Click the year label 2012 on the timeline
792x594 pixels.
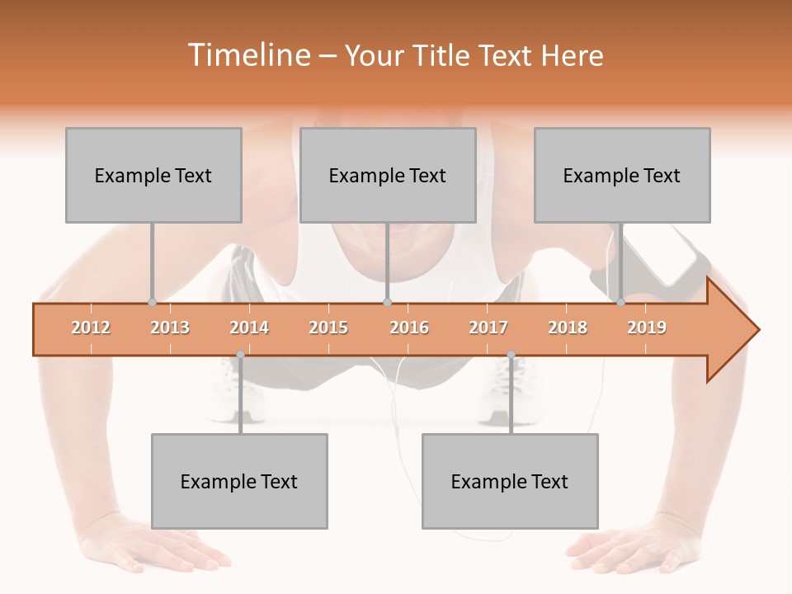[x=91, y=328]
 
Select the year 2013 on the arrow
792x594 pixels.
[x=170, y=328]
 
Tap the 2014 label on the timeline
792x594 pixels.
[x=249, y=328]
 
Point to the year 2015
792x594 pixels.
[x=328, y=328]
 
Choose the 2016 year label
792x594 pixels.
[x=409, y=328]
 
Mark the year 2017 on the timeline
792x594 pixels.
[x=488, y=328]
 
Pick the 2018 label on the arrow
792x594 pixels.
[x=568, y=328]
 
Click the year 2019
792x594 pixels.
[x=647, y=328]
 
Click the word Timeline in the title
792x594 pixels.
[x=247, y=55]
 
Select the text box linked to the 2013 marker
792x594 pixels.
[x=153, y=175]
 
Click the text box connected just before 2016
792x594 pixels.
[x=388, y=175]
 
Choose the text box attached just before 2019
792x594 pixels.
[x=622, y=175]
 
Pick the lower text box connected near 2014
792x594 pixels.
[x=239, y=481]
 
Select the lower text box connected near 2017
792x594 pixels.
[x=510, y=481]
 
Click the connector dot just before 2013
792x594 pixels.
[x=152, y=302]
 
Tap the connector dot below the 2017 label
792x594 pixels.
[x=511, y=355]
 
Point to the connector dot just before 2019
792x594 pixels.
[x=620, y=302]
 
